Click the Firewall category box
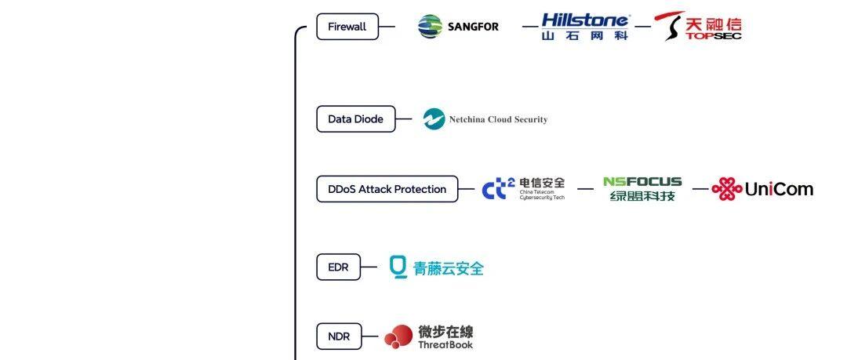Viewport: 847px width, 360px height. [x=347, y=27]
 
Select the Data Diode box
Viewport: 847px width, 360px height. [x=355, y=119]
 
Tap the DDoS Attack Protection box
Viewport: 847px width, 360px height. [x=387, y=189]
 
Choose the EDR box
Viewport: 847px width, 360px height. [x=337, y=267]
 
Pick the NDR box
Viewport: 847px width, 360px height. [x=339, y=337]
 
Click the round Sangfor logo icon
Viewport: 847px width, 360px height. [x=430, y=27]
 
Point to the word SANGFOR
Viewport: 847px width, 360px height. [x=473, y=27]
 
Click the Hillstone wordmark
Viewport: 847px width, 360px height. [x=585, y=20]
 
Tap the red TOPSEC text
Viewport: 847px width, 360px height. [x=713, y=35]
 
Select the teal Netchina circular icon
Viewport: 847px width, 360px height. [x=434, y=119]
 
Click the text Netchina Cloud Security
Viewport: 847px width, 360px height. [x=498, y=120]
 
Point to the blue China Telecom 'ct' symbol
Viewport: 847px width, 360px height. [x=498, y=189]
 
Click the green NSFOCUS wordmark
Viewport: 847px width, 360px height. [x=642, y=182]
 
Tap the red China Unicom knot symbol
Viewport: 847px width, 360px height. [x=726, y=189]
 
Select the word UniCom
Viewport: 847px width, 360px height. [x=779, y=189]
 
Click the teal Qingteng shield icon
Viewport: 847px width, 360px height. [x=398, y=267]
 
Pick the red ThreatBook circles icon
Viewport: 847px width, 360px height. [x=398, y=337]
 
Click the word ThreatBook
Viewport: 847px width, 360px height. [x=445, y=344]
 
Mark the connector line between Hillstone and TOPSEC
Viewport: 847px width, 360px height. [x=642, y=27]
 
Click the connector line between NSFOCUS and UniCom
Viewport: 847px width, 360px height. [x=700, y=189]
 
